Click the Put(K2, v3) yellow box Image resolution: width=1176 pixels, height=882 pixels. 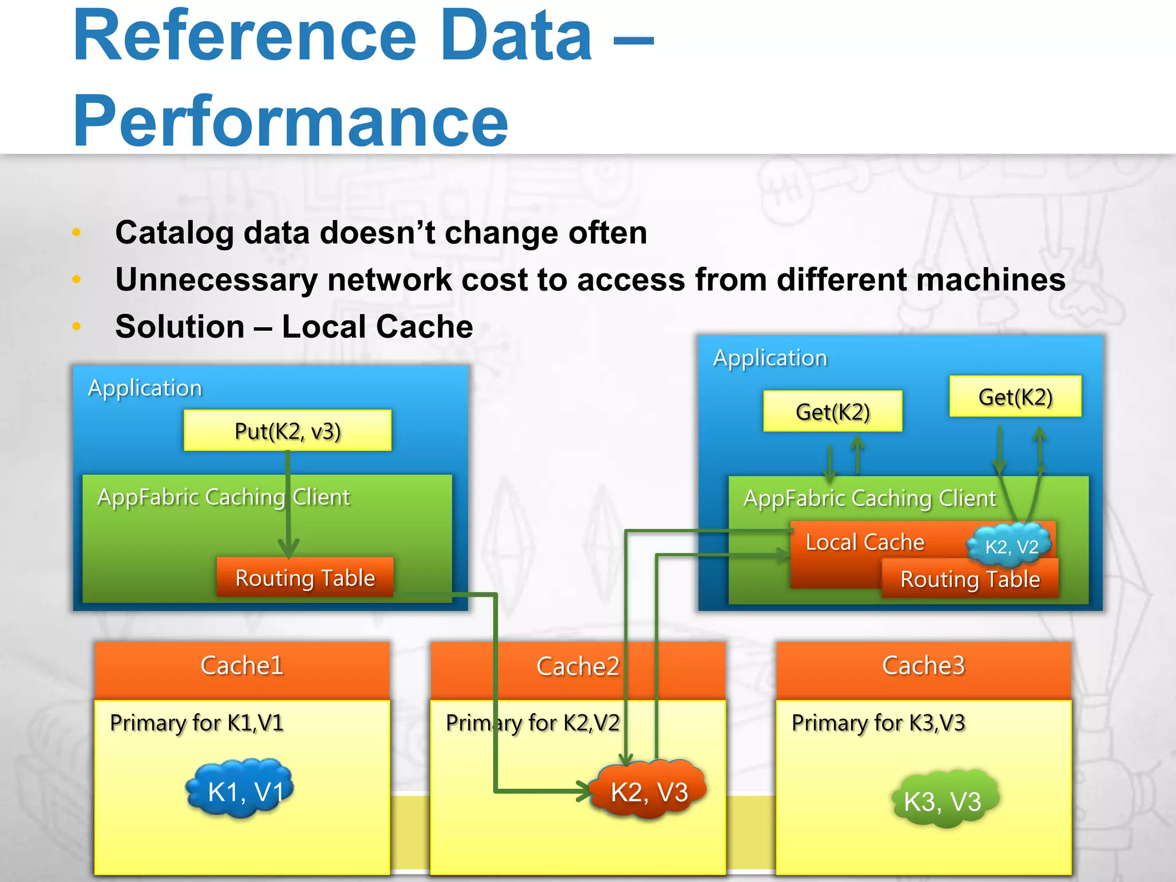287,431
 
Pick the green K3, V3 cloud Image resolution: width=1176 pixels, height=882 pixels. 943,800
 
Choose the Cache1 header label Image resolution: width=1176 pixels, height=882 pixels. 242,666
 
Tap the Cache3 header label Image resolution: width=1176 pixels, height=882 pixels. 923,666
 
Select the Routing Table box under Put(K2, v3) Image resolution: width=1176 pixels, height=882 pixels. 305,578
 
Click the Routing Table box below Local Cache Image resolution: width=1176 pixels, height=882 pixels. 970,579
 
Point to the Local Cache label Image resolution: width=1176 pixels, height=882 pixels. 865,542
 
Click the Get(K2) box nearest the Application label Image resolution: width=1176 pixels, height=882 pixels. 832,412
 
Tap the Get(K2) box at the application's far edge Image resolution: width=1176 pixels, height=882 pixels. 1015,397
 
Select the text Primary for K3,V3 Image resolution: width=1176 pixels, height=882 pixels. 878,723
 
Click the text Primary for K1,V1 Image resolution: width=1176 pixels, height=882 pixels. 196,723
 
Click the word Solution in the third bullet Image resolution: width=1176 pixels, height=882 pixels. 180,327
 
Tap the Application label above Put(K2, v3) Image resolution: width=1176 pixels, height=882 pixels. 145,388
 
